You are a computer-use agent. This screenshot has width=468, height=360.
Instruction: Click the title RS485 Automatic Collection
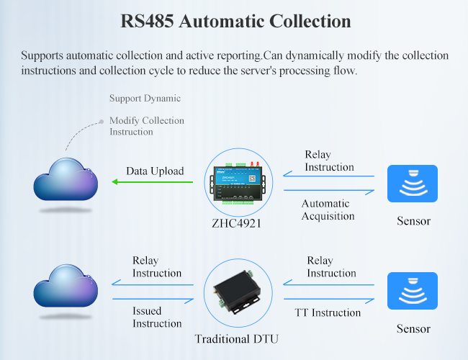coord(235,21)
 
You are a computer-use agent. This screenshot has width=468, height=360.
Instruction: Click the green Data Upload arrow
coord(153,182)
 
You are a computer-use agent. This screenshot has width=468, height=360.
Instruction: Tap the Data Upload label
coord(155,171)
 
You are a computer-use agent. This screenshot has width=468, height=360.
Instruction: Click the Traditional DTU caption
coord(236,338)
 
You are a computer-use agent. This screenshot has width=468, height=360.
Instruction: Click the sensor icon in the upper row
coord(413,184)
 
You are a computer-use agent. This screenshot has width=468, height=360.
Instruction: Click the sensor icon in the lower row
coord(413,291)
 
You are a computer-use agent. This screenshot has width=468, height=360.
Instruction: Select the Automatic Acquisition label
coord(328,210)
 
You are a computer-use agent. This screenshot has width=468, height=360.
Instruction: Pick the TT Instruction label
coord(327,312)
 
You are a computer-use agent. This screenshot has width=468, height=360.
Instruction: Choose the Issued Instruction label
coord(157,317)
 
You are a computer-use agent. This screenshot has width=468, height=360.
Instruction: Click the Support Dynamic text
coord(145,98)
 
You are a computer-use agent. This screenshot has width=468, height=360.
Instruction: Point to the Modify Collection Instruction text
coord(147,126)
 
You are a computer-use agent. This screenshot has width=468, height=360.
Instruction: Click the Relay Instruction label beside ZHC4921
coord(329,161)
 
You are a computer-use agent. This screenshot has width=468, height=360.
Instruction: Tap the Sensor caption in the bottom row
coord(413,329)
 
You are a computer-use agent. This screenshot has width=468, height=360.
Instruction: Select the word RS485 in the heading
coord(145,21)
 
